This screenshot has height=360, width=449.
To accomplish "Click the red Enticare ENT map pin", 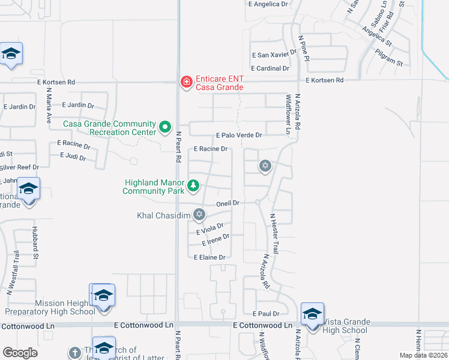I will pos(186,82).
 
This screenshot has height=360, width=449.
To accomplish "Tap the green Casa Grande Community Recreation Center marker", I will pos(165,128).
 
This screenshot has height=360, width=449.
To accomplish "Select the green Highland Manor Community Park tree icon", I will pos(193,186).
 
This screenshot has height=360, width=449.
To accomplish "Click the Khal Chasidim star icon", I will pos(199,215).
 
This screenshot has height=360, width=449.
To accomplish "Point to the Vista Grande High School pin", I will pos(312,315).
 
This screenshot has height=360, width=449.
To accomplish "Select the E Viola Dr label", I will pos(209,229).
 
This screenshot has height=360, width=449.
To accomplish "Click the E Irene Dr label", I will pos(215,240).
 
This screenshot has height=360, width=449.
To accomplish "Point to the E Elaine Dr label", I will pos(209,257).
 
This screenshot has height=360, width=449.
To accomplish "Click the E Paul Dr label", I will pos(266,314).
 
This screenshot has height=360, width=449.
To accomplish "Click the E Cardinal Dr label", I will pos(270,68).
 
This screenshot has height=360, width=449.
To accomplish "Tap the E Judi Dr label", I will pos(73,158).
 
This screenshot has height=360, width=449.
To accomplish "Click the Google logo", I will pos(20,353).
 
